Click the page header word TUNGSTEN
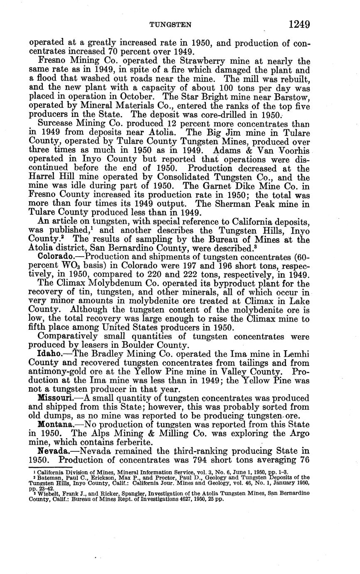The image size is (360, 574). [x=171, y=25]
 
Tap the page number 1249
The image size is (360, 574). [x=299, y=25]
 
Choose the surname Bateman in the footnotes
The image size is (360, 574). [x=49, y=478]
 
